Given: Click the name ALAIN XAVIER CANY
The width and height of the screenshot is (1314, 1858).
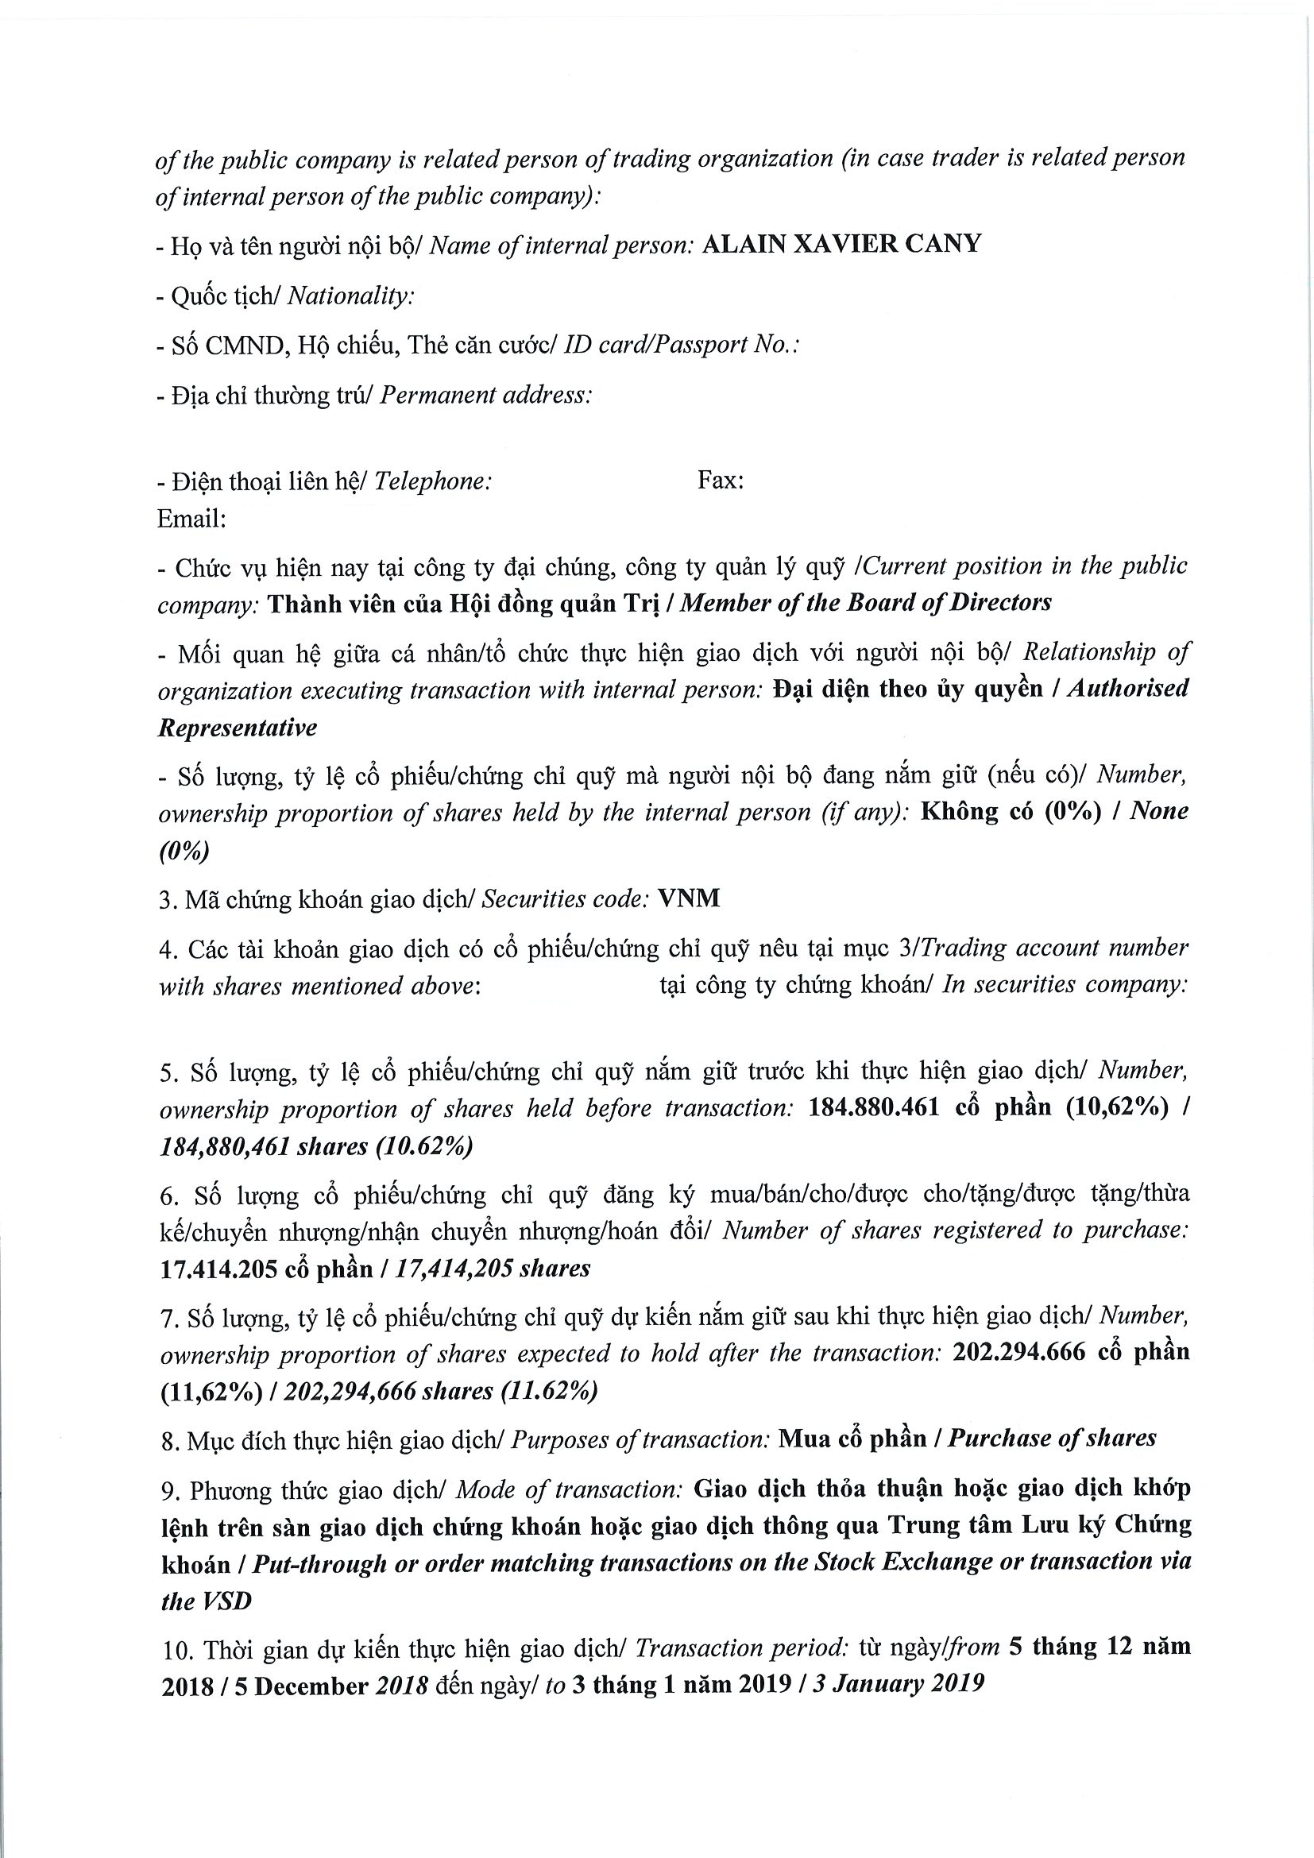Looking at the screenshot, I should click(841, 244).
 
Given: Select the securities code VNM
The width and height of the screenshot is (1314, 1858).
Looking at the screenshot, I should click(689, 898).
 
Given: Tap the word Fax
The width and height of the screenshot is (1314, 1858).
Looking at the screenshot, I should click(719, 481).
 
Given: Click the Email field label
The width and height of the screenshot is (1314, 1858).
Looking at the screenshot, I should click(191, 518).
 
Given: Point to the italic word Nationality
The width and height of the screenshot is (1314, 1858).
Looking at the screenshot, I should click(350, 296).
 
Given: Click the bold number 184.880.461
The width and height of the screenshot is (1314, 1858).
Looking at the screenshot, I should click(874, 1108).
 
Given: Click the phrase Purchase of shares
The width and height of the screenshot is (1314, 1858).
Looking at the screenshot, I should click(1052, 1438).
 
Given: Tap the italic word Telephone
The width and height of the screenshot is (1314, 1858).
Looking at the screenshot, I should click(433, 481).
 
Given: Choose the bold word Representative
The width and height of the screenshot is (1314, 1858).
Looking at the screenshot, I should click(237, 728).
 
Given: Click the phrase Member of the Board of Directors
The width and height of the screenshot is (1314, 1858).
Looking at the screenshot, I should click(866, 603).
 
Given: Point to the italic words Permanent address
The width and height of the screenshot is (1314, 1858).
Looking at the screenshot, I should click(485, 395).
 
